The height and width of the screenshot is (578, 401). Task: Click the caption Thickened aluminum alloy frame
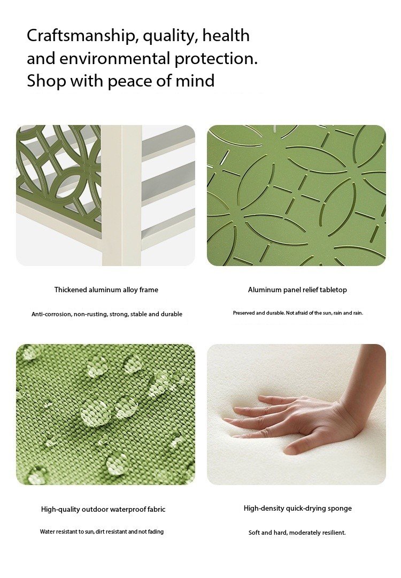pos(106,290)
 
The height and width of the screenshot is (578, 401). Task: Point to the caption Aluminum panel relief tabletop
pos(297,290)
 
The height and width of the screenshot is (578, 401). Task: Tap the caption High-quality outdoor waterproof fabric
pos(103,510)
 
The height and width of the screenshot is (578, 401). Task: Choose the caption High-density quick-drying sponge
pos(298,509)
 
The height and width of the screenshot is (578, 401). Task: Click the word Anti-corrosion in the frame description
pos(51,314)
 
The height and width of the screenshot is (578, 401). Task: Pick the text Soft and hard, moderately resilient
pos(297,533)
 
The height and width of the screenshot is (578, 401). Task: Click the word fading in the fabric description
pos(156,532)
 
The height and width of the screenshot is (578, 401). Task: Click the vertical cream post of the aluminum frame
pos(122,196)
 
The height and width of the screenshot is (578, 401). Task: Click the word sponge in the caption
pos(340,509)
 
